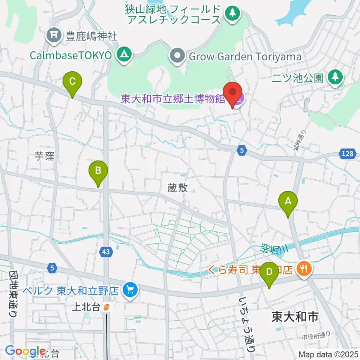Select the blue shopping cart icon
point(130,289)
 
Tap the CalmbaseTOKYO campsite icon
point(123,55)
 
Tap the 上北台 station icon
point(107,308)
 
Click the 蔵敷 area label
point(178,188)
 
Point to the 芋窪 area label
point(45,156)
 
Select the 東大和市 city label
point(295,317)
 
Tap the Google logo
point(25,351)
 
